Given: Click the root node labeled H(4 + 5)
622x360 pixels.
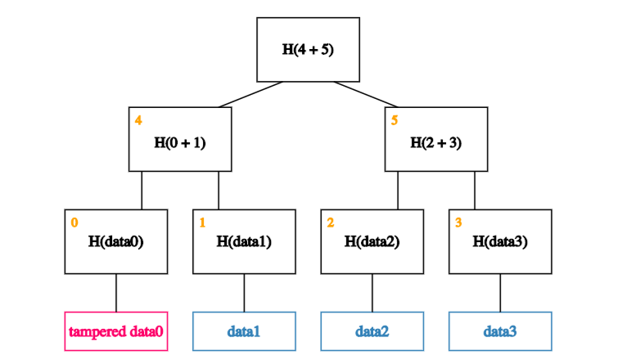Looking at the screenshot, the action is click(x=309, y=50).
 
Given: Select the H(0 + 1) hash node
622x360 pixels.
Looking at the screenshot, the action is click(x=180, y=139).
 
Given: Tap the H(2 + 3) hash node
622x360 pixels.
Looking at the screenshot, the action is click(x=436, y=139).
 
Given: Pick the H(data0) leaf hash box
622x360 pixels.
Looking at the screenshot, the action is click(x=116, y=241).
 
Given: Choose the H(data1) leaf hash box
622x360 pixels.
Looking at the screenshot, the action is click(x=245, y=241).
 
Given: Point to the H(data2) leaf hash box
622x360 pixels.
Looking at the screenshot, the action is click(x=372, y=241).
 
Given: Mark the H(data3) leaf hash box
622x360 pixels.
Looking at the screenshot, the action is click(x=500, y=241).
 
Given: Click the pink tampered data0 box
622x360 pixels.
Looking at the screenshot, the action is click(x=116, y=331).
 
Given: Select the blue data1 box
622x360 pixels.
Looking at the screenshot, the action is click(x=245, y=331).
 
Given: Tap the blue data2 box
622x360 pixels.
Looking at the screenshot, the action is click(x=372, y=331).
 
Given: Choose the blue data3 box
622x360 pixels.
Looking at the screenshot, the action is click(x=500, y=331).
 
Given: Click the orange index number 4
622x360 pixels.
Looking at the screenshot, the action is click(x=138, y=120).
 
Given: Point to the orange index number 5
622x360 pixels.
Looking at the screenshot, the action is click(x=394, y=120).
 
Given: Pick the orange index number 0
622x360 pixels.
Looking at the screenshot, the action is click(x=74, y=223).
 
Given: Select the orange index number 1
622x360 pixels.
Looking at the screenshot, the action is click(x=202, y=223).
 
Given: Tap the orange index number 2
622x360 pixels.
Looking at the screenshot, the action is click(x=331, y=223).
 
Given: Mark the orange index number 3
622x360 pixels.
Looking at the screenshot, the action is click(x=458, y=223).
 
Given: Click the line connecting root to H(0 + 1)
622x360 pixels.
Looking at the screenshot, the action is click(x=250, y=94).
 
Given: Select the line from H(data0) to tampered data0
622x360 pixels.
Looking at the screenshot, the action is click(x=116, y=293).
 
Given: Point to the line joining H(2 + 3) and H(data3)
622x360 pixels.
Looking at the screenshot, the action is click(x=475, y=191).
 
